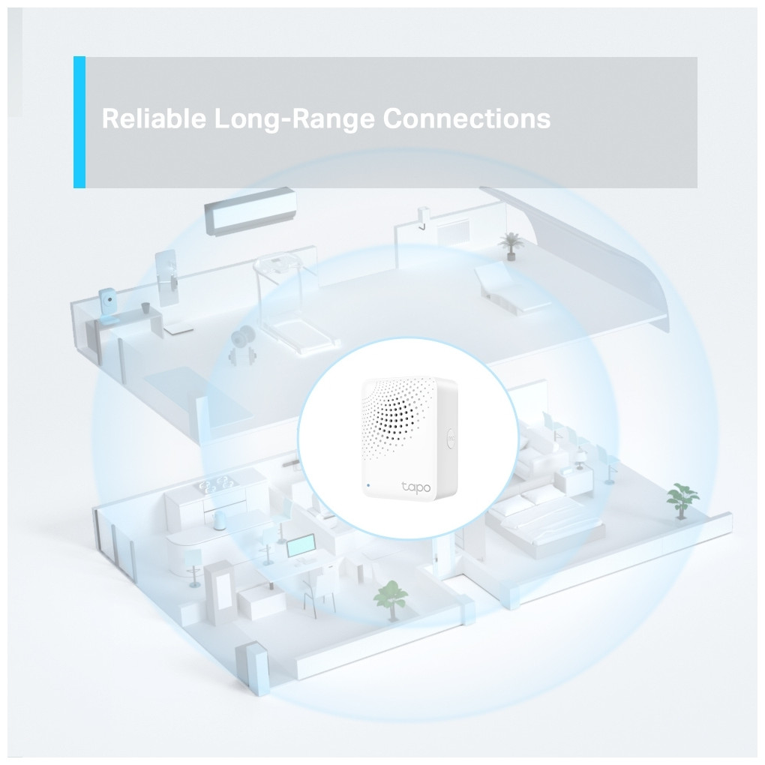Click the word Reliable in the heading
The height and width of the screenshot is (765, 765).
click(x=154, y=118)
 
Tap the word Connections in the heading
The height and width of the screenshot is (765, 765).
click(x=466, y=118)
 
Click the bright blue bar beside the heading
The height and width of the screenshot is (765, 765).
click(x=79, y=122)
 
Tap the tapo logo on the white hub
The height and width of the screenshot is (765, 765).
click(x=416, y=487)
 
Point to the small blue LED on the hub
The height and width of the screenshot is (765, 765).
click(x=367, y=485)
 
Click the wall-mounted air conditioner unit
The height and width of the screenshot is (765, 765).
click(x=250, y=211)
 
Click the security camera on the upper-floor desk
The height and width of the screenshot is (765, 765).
click(x=108, y=305)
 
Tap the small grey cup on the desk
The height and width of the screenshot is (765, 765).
click(x=146, y=307)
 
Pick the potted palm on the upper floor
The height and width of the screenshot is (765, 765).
click(x=510, y=245)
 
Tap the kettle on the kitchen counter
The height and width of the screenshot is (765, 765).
click(x=218, y=521)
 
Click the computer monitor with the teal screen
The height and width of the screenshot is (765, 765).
click(x=301, y=547)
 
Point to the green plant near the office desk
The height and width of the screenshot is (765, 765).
click(x=390, y=600)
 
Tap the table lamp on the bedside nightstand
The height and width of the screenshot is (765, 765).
click(x=581, y=458)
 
